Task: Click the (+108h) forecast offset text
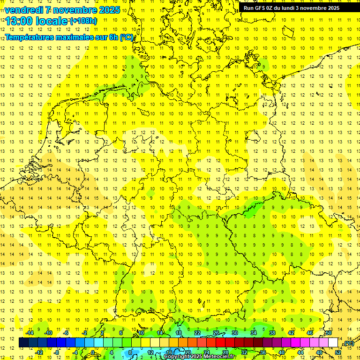(x=83, y=21)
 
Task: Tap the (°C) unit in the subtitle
(x=127, y=37)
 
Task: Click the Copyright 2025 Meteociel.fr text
(x=200, y=357)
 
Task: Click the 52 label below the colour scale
(x=338, y=352)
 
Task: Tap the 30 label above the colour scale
(x=235, y=333)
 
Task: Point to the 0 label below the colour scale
(x=93, y=352)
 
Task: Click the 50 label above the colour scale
(x=329, y=333)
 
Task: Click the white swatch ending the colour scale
(x=333, y=343)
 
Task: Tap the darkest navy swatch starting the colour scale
(x=23, y=343)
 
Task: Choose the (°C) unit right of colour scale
(x=348, y=343)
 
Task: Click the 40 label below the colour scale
(x=282, y=352)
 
